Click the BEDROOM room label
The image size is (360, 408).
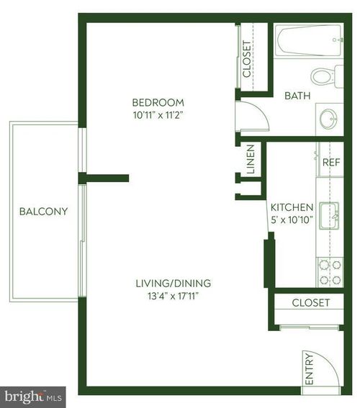158,102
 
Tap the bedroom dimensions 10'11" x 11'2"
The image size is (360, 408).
158,114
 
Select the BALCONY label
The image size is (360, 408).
43,212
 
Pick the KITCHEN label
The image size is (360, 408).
292,206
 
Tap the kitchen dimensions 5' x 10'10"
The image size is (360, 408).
292,219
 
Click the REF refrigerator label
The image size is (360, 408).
330,163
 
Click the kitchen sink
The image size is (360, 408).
330,214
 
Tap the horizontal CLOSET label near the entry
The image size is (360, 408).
310,303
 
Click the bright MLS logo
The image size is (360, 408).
33,396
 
